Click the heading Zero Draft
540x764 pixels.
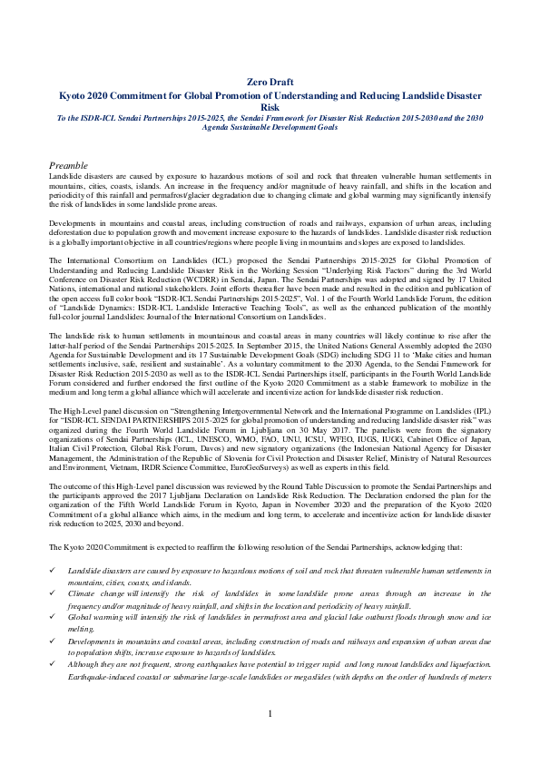click(270, 82)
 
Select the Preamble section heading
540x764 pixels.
click(68, 166)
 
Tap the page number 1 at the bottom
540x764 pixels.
click(270, 740)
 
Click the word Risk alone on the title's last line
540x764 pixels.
click(270, 105)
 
